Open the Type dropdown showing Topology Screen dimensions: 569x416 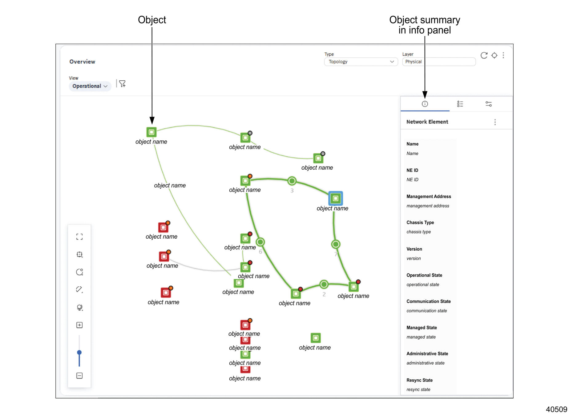click(361, 62)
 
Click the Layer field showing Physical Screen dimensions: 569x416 click(439, 62)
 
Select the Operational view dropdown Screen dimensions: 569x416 click(90, 86)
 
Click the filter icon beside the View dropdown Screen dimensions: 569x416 click(122, 84)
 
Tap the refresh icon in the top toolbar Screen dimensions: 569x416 click(484, 55)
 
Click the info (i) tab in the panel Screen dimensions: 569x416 click(425, 104)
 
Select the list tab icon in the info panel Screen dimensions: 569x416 click(460, 104)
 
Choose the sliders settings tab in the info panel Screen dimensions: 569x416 click(489, 104)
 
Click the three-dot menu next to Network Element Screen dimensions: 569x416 click(495, 122)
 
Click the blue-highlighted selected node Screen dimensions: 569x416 click(336, 198)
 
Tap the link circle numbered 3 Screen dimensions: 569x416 click(292, 181)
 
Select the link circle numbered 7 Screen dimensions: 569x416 click(336, 244)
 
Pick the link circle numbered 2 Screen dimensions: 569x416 click(324, 284)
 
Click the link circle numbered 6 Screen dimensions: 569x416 click(260, 242)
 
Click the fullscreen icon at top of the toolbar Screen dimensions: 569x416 click(79, 236)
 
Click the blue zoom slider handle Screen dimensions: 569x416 click(79, 352)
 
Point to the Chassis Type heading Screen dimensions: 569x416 click(420, 222)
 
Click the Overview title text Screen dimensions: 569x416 click(82, 62)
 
